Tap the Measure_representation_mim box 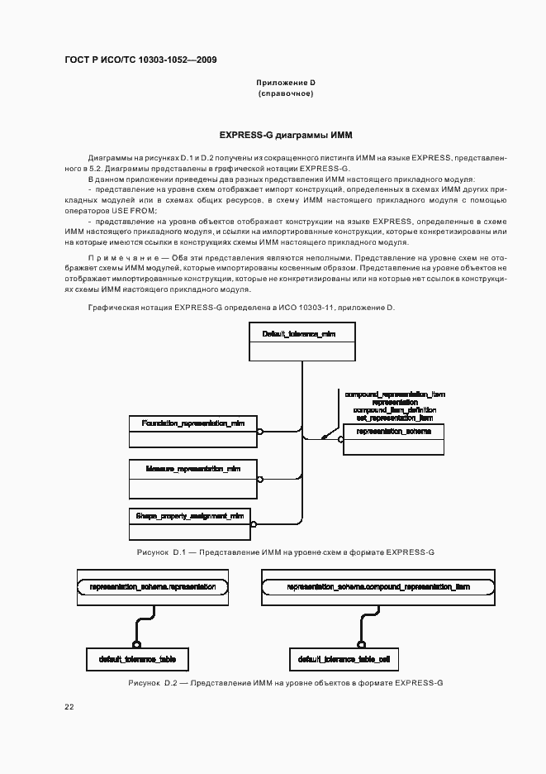point(193,476)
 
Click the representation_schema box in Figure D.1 point(393,439)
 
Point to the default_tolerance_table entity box point(137,658)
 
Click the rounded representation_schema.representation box point(152,587)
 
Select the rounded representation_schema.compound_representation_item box point(378,587)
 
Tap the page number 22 point(69,706)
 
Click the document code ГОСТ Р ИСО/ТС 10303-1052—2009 point(141,60)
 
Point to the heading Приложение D point(286,83)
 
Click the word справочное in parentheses point(286,93)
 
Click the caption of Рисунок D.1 point(286,551)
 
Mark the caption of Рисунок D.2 point(286,684)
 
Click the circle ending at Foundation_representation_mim point(259,432)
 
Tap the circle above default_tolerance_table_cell point(360,644)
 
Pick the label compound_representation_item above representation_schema point(395,394)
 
